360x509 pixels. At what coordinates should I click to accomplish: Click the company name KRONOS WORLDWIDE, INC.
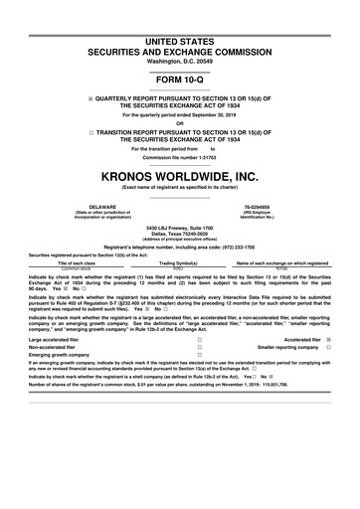pos(180,175)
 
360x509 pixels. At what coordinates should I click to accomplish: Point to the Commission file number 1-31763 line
pos(180,157)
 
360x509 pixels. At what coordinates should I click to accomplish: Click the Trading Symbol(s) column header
pos(179,262)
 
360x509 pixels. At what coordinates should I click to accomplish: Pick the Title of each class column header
pos(76,262)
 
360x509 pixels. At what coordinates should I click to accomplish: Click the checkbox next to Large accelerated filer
pos(200,339)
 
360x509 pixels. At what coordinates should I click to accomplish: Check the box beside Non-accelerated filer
pos(200,348)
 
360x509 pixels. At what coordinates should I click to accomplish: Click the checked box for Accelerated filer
pos(328,339)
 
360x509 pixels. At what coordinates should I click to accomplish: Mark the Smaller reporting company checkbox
pos(328,348)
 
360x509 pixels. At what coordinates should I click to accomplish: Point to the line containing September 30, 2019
pos(180,115)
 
